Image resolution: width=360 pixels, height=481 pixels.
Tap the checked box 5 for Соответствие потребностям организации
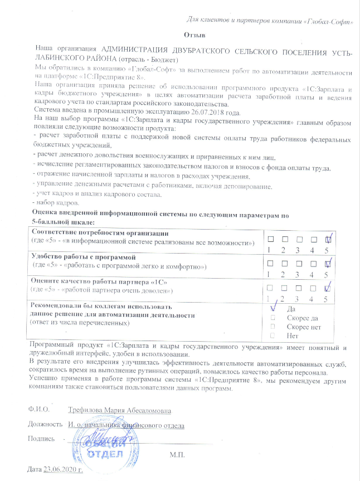[329, 239]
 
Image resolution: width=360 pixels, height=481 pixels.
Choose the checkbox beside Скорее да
[273, 318]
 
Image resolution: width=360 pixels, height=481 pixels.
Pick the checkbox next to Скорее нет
[273, 327]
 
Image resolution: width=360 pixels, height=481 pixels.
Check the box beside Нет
[273, 336]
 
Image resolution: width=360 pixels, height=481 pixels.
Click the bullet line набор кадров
[53, 203]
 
